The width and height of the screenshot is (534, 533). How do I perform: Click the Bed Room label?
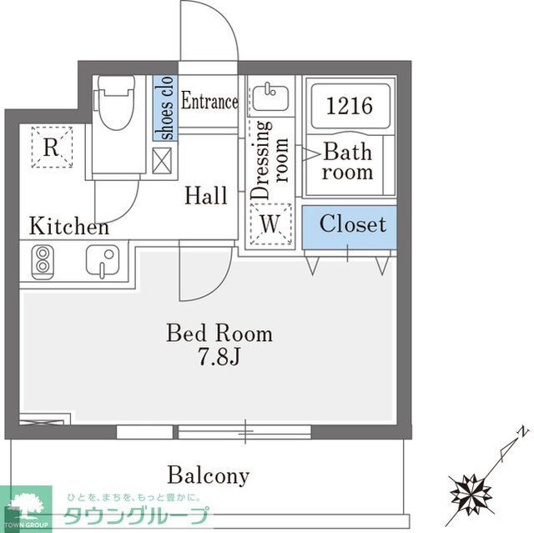[219, 334]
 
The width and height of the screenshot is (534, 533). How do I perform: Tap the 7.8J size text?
[219, 360]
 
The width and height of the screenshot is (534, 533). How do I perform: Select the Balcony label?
[208, 475]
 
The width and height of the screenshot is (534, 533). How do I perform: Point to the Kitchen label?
[69, 226]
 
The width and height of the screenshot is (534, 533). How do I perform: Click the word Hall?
[206, 197]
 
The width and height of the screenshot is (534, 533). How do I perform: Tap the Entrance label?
[209, 102]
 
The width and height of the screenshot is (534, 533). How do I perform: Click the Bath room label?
[347, 163]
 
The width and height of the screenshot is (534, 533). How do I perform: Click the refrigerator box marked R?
[52, 148]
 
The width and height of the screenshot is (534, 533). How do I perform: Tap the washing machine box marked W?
[270, 224]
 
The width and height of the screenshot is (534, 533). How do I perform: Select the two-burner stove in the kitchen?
[41, 262]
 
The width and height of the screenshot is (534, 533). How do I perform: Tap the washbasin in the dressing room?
[269, 98]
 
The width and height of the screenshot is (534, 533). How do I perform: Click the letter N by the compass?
[521, 432]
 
